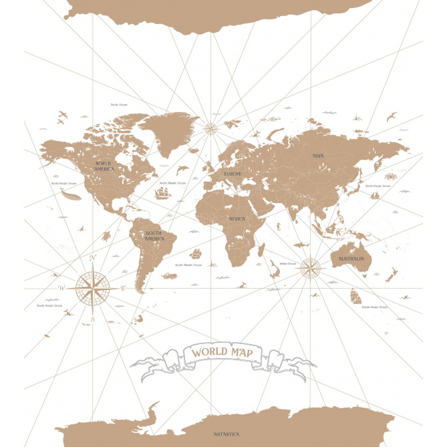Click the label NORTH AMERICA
point(104,166)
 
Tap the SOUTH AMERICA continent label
point(155,236)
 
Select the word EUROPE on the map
point(233,174)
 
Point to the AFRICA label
point(237,219)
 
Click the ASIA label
point(319,156)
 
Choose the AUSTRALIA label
point(351,259)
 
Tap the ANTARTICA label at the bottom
point(227,434)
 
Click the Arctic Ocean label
point(119,104)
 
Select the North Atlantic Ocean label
point(172,182)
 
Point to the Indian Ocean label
point(288,263)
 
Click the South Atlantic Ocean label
point(188,265)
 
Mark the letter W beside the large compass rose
point(60,288)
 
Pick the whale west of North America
point(69,194)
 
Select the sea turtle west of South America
point(106,235)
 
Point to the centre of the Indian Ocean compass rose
point(310,269)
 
